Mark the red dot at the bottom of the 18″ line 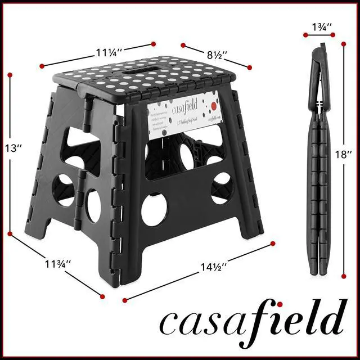[x=344, y=275]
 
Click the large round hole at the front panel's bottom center [x=154, y=209]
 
